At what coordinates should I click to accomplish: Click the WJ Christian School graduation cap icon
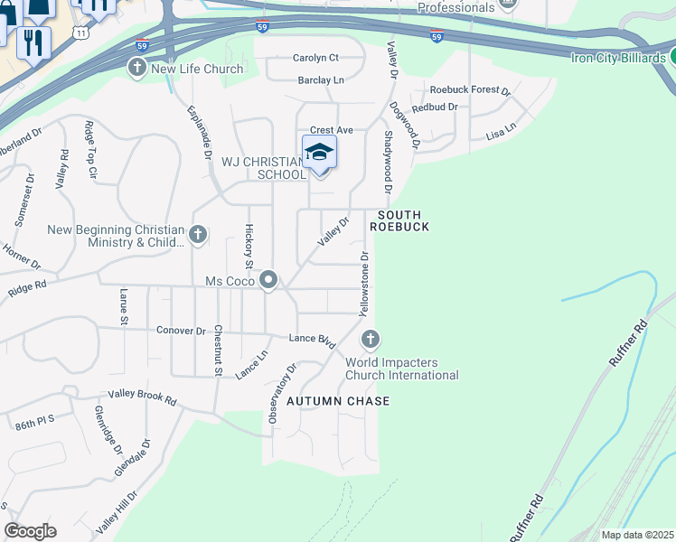click(x=319, y=152)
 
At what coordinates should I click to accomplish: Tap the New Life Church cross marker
click(x=137, y=69)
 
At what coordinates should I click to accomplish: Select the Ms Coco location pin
click(x=268, y=281)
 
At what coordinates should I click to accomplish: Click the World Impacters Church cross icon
click(x=370, y=340)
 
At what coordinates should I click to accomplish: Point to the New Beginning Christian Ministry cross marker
click(x=198, y=236)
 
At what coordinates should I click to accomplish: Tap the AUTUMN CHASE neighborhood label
click(x=338, y=401)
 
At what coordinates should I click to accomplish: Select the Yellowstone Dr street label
click(x=365, y=284)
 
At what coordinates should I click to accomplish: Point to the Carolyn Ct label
click(x=315, y=58)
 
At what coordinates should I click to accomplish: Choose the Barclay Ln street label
click(x=322, y=80)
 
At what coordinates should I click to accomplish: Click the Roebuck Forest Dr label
click(x=470, y=90)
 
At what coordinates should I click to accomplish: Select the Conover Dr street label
click(x=181, y=331)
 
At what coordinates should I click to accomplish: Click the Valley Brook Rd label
click(x=143, y=396)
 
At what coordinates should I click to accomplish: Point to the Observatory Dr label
click(x=280, y=394)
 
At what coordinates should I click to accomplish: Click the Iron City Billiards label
click(x=618, y=58)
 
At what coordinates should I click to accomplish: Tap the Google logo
click(x=30, y=531)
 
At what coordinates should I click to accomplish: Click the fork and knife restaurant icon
click(x=34, y=42)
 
